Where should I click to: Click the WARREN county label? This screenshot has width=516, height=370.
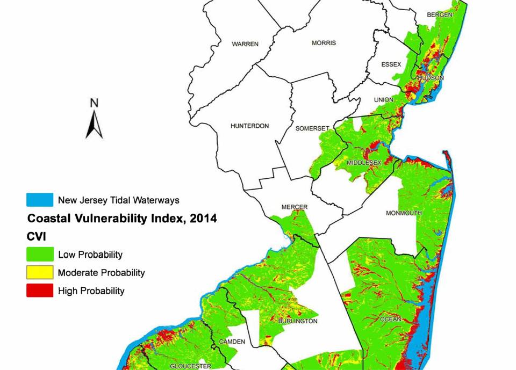click(x=245, y=44)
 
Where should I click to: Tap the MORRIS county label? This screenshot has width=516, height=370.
click(x=324, y=43)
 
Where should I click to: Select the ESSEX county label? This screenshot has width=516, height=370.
click(x=391, y=64)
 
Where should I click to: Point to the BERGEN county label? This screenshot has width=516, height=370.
click(x=440, y=14)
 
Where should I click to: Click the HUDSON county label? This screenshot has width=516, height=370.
click(x=431, y=78)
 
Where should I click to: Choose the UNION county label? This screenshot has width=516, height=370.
click(x=384, y=100)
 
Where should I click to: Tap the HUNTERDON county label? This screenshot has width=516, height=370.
click(x=249, y=126)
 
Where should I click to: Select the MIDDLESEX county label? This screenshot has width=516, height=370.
click(x=364, y=163)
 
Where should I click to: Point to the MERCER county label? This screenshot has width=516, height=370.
click(x=295, y=207)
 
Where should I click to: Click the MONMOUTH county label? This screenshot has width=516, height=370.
click(x=404, y=213)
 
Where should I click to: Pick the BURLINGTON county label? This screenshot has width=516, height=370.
click(x=298, y=321)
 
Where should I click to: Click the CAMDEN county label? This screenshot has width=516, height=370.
click(x=232, y=342)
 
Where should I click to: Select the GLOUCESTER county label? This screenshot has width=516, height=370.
click(x=188, y=366)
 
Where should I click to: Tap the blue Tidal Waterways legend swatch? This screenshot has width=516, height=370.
click(x=40, y=200)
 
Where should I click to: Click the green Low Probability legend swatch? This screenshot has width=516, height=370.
click(x=40, y=255)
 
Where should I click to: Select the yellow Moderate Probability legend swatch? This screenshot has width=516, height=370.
click(x=40, y=272)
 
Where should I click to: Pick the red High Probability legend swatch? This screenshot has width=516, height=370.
click(x=40, y=291)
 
